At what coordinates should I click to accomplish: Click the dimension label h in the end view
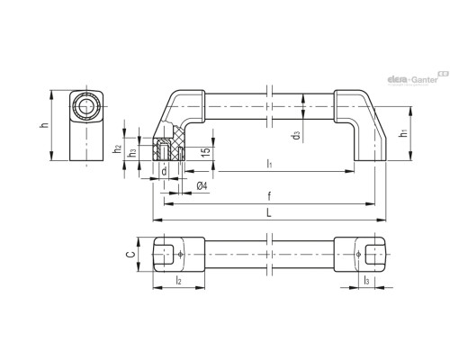tap(44, 125)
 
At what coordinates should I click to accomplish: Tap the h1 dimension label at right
tap(404, 132)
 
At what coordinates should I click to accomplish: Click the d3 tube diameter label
tap(296, 135)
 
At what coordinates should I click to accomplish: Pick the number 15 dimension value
tap(206, 151)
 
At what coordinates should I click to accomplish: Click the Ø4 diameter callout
tap(202, 186)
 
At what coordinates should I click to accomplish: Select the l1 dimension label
tap(269, 164)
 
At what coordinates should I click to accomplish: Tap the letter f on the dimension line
tap(269, 197)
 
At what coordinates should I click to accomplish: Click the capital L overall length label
tap(269, 213)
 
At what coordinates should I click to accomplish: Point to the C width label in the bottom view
tap(130, 255)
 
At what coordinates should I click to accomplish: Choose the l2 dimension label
tap(178, 281)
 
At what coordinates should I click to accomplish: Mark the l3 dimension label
tap(366, 281)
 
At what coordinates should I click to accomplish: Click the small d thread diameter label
tap(164, 172)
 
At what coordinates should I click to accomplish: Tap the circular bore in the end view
tap(86, 106)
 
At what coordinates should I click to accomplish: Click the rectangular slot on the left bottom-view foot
tap(164, 255)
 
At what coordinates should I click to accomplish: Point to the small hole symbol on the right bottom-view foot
tap(358, 255)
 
